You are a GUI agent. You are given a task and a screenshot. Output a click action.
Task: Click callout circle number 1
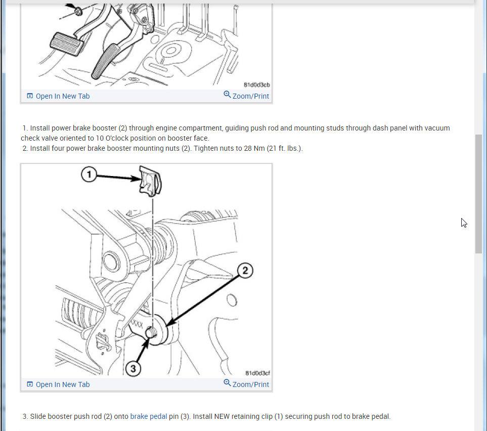point(89,175)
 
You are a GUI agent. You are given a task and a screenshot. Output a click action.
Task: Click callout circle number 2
point(245,270)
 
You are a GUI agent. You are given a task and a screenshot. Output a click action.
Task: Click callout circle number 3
point(133,369)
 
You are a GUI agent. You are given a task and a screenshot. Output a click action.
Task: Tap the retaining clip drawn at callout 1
point(150,181)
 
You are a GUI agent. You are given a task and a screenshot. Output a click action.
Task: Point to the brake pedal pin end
point(151,333)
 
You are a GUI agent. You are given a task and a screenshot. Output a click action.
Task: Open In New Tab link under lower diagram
point(58,384)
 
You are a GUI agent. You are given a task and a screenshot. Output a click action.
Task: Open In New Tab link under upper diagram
point(58,96)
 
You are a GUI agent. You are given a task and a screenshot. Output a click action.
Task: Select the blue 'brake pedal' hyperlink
point(149,416)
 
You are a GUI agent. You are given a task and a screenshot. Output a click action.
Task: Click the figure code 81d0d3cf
point(257,373)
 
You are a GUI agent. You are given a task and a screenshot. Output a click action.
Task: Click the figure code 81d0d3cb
point(257,85)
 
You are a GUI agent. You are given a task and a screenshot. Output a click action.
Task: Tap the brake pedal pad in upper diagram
point(66,44)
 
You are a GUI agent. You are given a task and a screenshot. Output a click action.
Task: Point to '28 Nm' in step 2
point(254,148)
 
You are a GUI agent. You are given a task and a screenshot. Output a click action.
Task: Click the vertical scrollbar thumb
point(478,194)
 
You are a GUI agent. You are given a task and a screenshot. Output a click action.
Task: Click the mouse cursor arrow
point(464,223)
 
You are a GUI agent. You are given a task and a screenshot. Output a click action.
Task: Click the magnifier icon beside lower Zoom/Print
point(227,383)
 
